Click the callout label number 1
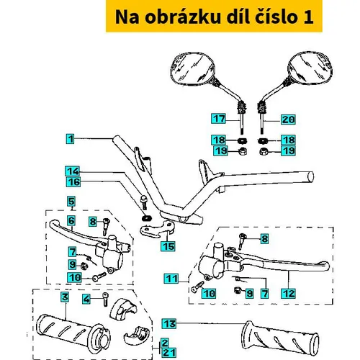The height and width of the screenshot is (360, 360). [71, 139]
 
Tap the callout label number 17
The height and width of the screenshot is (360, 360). [219, 119]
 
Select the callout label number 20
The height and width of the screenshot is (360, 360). [288, 120]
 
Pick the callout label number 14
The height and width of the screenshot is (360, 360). [73, 171]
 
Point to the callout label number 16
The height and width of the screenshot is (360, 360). [73, 182]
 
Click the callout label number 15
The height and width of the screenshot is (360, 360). [168, 246]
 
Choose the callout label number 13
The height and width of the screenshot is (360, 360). [169, 323]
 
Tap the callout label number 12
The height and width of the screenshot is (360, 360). [289, 294]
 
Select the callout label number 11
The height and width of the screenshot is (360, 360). [171, 279]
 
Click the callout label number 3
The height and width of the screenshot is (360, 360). [65, 297]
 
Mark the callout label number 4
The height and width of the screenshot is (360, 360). [86, 299]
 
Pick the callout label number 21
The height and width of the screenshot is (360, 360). [169, 353]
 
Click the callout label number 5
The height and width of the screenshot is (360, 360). [71, 202]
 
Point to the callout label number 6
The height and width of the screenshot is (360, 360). [71, 221]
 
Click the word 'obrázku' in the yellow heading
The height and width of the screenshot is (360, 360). [183, 17]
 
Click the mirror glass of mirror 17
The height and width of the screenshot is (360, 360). [192, 68]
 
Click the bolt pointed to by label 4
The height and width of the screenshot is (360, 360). [106, 299]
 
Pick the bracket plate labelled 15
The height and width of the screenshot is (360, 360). [156, 229]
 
